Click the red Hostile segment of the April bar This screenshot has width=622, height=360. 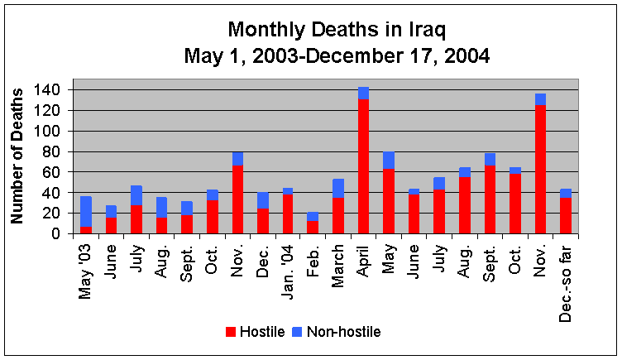tap(363, 166)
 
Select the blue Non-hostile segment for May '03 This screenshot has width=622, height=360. tap(86, 211)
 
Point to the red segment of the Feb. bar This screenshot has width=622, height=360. tap(313, 227)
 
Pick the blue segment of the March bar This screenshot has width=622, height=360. tap(338, 188)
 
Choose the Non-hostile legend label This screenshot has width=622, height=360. tap(345, 332)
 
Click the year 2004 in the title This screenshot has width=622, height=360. tap(462, 58)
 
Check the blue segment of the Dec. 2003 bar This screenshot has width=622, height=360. tap(262, 199)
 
